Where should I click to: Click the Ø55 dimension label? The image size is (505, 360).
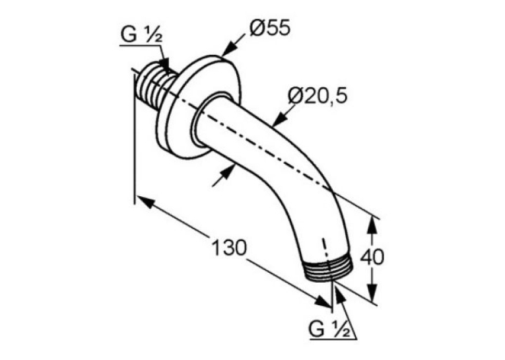pos(270,28)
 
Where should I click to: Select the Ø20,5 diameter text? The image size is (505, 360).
pos(318,96)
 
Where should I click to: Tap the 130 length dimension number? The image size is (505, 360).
pos(229,247)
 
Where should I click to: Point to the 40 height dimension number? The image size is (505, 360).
pos(372,257)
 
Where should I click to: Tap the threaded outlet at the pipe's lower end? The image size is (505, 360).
pos(329,269)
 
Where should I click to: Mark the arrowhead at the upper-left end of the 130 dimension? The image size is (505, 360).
pos(145,201)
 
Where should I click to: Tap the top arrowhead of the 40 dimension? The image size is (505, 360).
pos(372,227)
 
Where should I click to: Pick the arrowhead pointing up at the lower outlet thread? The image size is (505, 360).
pos(337,291)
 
